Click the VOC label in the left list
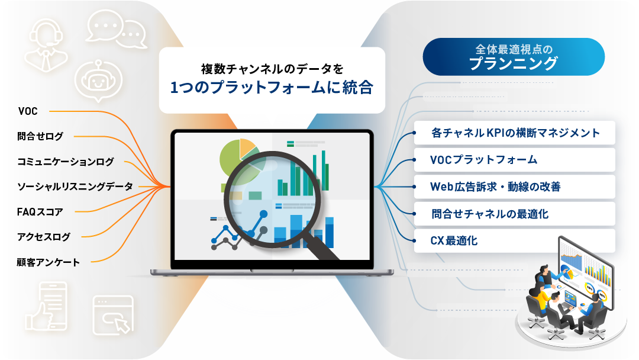tap(28, 111)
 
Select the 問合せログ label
tap(40, 136)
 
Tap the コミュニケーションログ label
tap(65, 162)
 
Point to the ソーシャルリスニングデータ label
tap(75, 187)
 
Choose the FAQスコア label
tap(40, 212)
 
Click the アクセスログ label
tap(44, 237)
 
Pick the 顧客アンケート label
tap(48, 262)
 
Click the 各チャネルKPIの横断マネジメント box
tap(514, 133)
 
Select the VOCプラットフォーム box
tap(514, 160)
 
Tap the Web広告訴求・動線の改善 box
tap(514, 187)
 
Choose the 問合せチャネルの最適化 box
tap(514, 214)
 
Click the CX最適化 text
tap(454, 241)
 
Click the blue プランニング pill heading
tap(514, 57)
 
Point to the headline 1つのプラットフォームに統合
tap(272, 87)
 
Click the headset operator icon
tap(46, 46)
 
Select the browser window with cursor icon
tap(113, 315)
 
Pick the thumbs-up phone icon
tap(47, 306)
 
